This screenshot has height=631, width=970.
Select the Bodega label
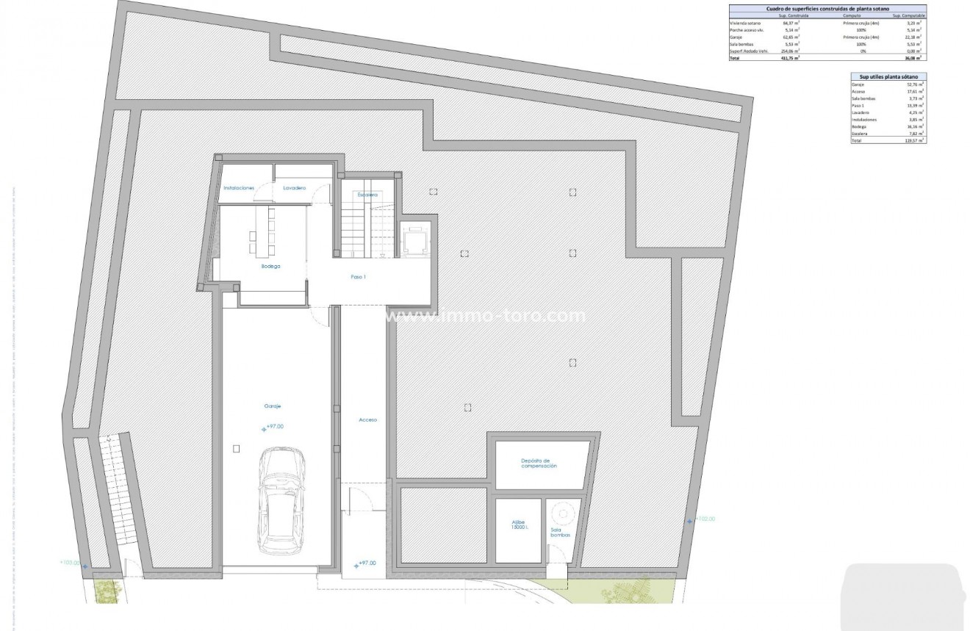coord(270,267)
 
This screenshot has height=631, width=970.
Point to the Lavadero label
coord(294,188)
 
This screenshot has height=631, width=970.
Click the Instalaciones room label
coord(239,188)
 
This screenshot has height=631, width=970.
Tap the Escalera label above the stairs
coord(367,195)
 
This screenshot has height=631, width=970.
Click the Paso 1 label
coord(359,277)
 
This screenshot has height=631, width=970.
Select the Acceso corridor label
coord(367,419)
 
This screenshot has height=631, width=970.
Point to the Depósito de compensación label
coord(539,463)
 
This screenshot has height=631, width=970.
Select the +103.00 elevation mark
coord(72,563)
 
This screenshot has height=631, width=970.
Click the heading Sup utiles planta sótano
coord(888,76)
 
